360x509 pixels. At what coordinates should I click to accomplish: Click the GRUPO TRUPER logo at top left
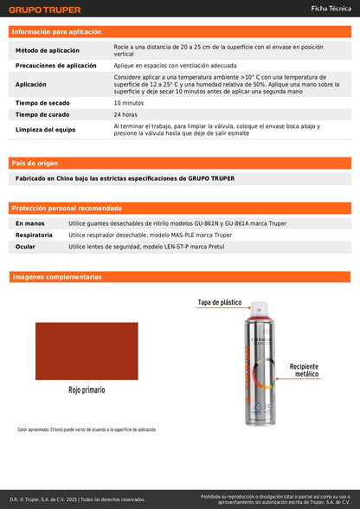pos(44,10)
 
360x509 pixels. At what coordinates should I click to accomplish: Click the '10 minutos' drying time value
pos(129,103)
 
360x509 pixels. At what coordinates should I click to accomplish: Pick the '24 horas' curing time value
pos(125,114)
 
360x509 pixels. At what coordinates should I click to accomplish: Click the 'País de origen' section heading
pos(35,163)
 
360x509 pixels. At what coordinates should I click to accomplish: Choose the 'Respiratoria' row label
pos(34,235)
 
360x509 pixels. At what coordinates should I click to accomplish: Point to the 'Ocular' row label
pos(25,247)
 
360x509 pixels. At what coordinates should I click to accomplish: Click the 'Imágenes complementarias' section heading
pos(56,277)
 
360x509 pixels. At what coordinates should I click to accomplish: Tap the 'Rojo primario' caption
pos(87,390)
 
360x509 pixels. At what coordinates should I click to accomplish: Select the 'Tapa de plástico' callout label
pos(220,302)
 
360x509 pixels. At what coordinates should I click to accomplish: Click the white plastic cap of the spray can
pos(259,310)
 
